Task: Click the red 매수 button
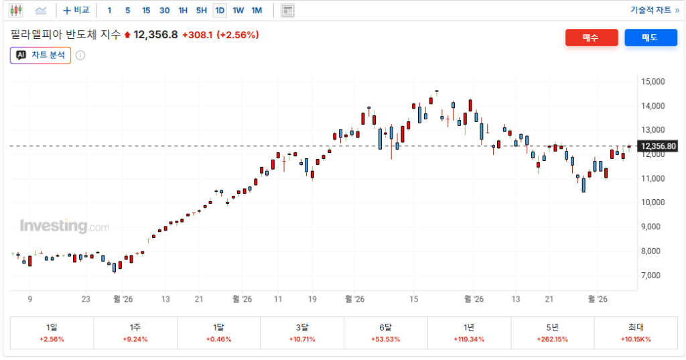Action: tap(592, 38)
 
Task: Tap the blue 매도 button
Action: tap(650, 38)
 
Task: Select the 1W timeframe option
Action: tap(238, 11)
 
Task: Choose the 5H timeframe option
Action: tap(201, 11)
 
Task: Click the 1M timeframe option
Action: tap(257, 11)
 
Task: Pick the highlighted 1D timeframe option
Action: tap(220, 11)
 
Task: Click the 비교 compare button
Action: tap(76, 10)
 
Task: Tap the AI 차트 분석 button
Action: tap(41, 55)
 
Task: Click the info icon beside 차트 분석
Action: tap(80, 55)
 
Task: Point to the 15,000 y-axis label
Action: tap(653, 82)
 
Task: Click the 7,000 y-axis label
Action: tap(650, 276)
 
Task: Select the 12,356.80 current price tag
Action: tap(658, 146)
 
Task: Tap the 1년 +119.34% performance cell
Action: tap(469, 333)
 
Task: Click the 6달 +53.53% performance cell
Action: tap(385, 333)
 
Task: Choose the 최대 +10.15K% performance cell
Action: tap(636, 333)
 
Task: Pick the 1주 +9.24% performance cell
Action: tap(135, 333)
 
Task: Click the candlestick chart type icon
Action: tap(16, 11)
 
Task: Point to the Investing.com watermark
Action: tap(65, 226)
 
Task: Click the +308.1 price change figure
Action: tap(198, 35)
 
